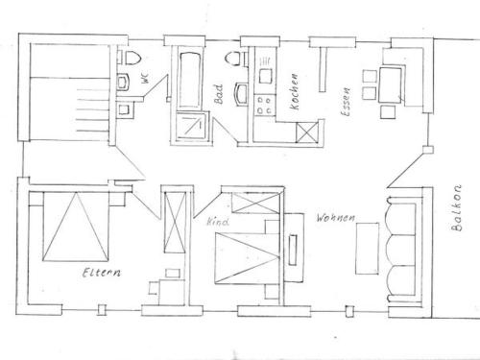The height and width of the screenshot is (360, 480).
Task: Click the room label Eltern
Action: (102, 273)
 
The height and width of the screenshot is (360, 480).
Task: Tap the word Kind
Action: (218, 222)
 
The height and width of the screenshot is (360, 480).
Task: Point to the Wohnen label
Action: (336, 218)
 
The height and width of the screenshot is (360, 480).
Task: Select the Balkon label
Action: (456, 207)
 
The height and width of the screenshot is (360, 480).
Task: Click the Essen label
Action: (346, 102)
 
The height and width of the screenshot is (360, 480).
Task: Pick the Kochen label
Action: (294, 91)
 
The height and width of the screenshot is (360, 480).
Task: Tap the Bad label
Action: (219, 94)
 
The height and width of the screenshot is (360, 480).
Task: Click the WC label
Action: (145, 78)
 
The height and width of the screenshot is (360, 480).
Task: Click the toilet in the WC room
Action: (132, 58)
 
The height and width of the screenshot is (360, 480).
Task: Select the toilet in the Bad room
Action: (233, 60)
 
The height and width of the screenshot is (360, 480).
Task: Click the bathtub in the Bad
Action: (190, 80)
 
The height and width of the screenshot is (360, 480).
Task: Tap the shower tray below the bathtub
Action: (191, 126)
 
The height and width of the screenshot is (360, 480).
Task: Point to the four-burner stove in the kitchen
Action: (265, 105)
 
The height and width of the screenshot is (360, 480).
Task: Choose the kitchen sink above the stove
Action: (266, 76)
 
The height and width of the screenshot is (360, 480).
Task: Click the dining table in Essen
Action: (391, 84)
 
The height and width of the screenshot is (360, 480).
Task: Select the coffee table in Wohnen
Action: (368, 249)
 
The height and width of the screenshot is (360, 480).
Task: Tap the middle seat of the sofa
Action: (401, 250)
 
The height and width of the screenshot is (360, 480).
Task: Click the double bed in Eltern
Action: (76, 227)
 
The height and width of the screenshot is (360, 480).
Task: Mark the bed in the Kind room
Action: (248, 258)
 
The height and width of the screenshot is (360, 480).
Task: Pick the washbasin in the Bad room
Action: (240, 93)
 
